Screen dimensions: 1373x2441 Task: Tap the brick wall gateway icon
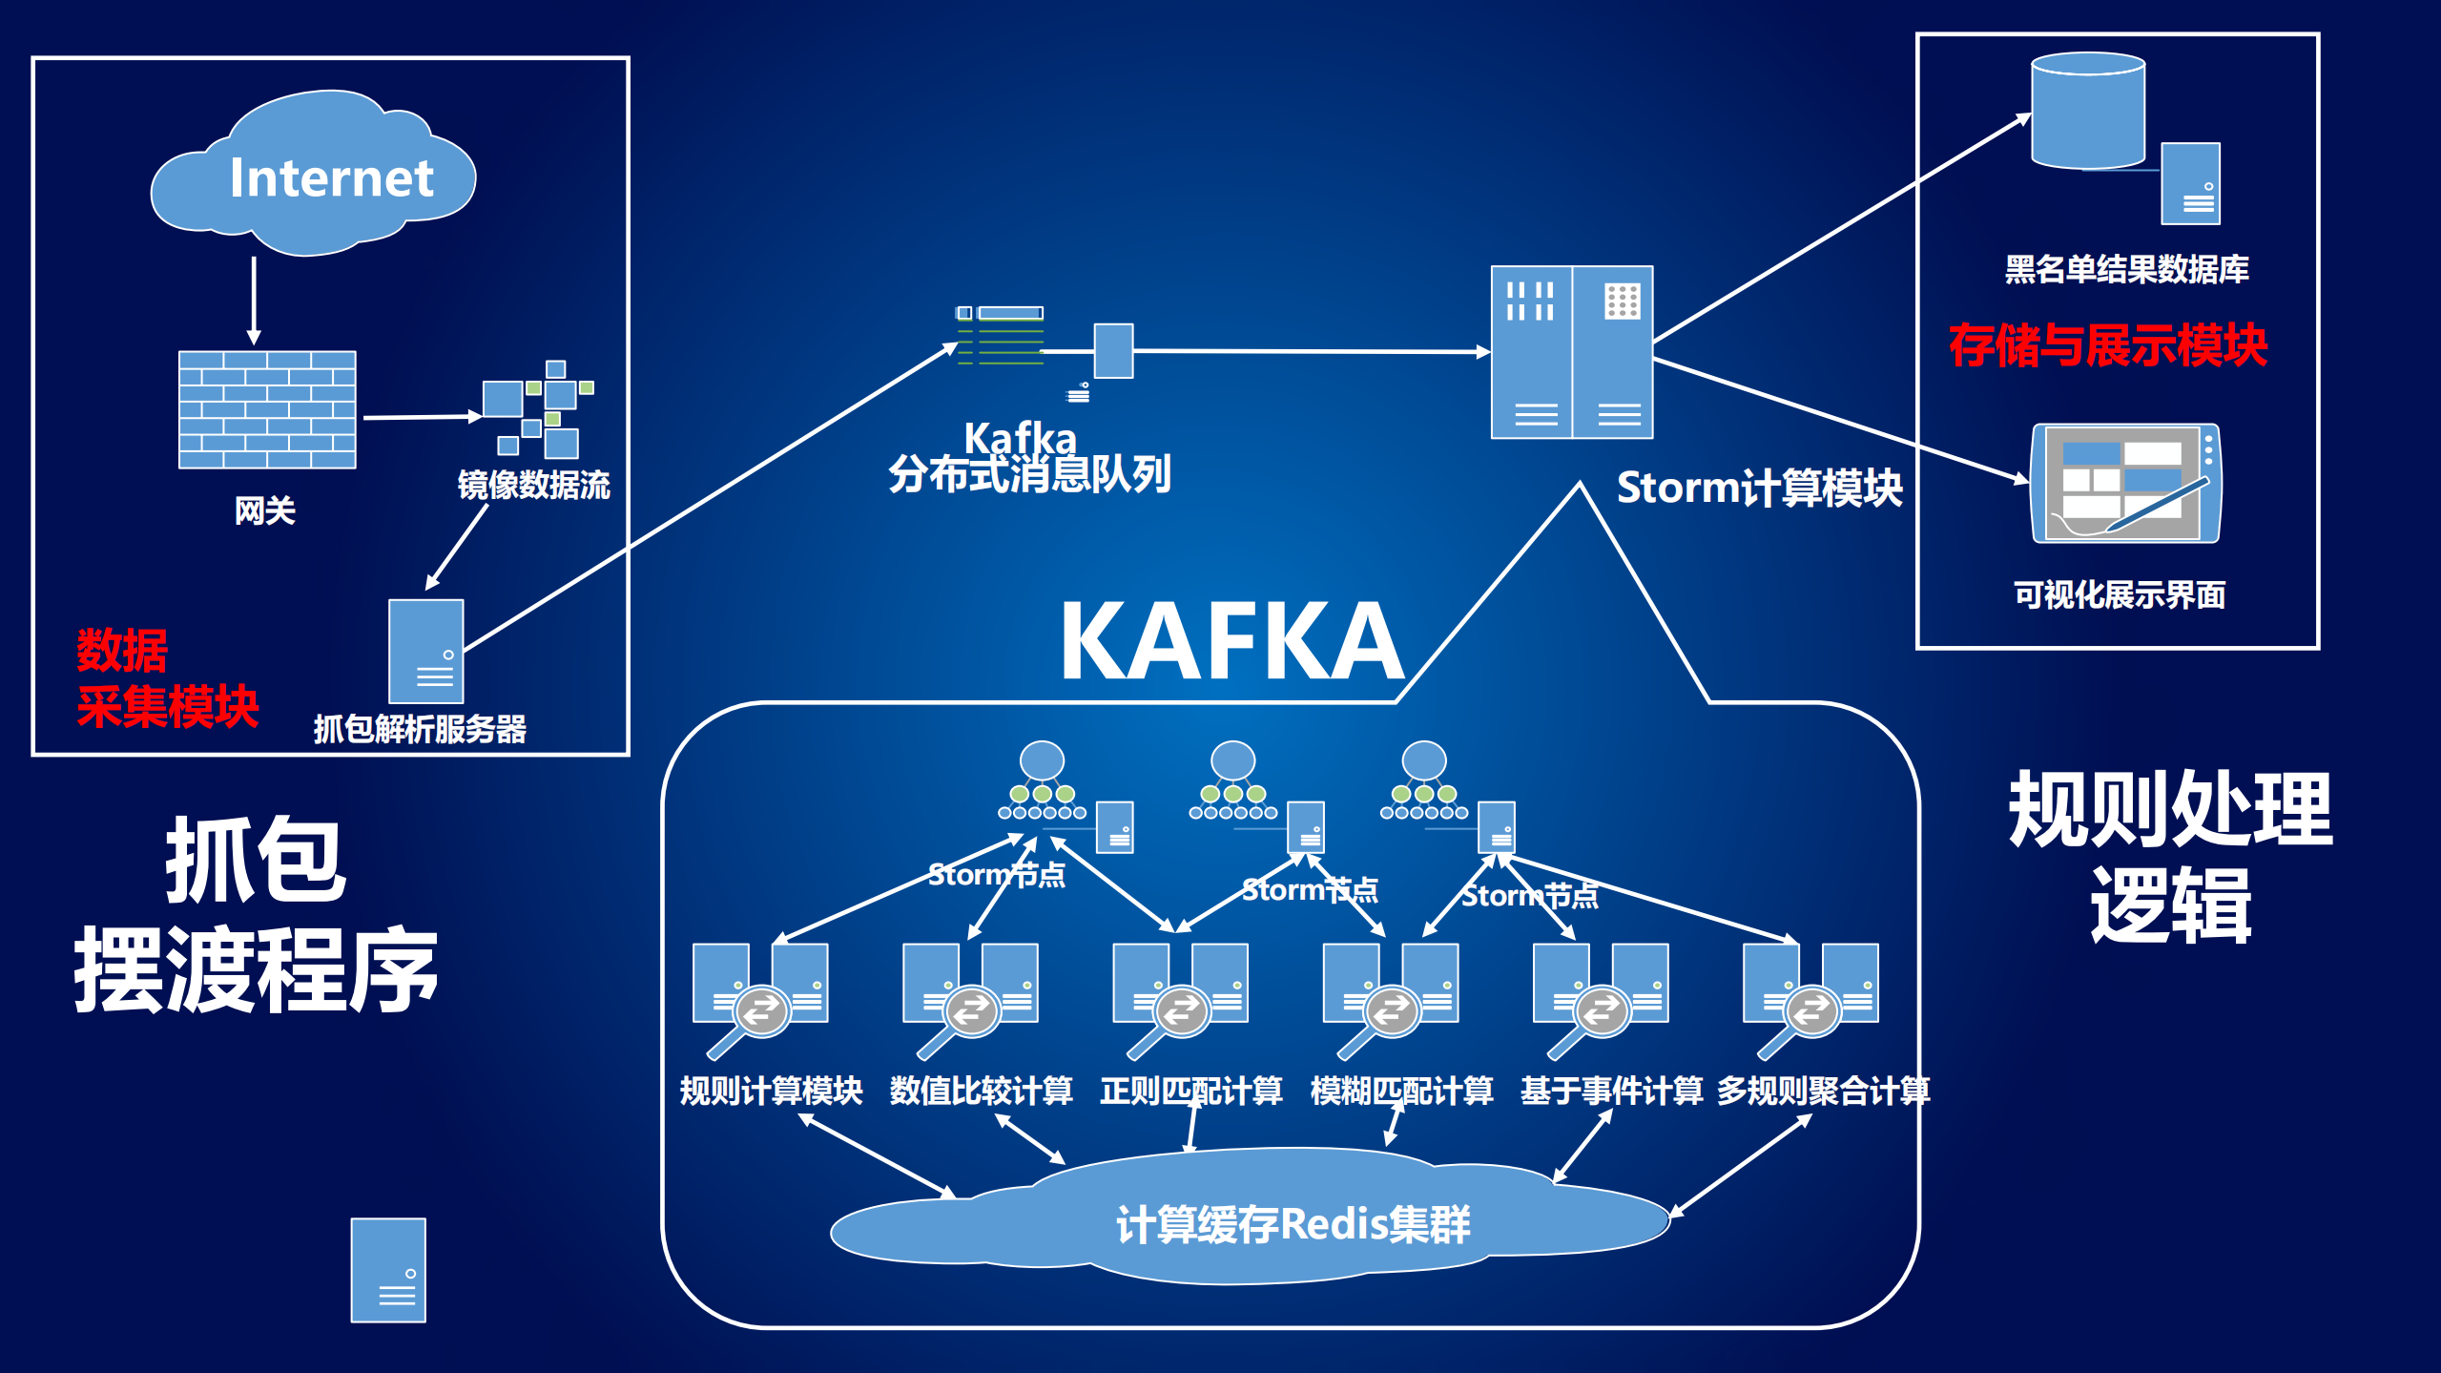click(x=267, y=409)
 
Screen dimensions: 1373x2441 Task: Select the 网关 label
click(x=265, y=511)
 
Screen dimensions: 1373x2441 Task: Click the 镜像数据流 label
click(x=533, y=486)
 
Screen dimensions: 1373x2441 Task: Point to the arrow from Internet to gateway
click(x=254, y=300)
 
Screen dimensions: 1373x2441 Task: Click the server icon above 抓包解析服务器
click(x=425, y=651)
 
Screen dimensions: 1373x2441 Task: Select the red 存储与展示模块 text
click(x=2107, y=345)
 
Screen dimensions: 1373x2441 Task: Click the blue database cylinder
click(x=2088, y=111)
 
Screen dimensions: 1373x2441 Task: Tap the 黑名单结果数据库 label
click(x=2126, y=270)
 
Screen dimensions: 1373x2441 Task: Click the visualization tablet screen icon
click(x=2125, y=484)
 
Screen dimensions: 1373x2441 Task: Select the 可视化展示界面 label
click(x=2119, y=595)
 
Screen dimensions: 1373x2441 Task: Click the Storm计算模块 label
click(x=1759, y=489)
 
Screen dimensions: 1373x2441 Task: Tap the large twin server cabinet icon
click(x=1571, y=352)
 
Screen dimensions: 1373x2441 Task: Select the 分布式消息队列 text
click(x=1029, y=474)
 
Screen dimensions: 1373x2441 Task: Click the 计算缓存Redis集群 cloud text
click(x=1293, y=1225)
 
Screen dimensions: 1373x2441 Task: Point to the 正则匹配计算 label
click(x=1190, y=1091)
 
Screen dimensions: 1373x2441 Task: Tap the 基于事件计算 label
click(x=1611, y=1091)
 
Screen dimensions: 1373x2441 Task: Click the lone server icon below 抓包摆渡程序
click(x=388, y=1270)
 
